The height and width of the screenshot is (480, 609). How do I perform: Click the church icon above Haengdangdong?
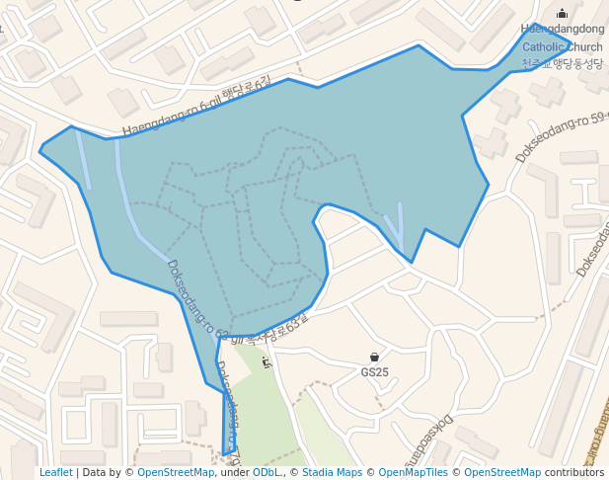[563, 14]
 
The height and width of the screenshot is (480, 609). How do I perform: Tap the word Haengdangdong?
[563, 30]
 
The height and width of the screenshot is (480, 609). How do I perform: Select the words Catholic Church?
[562, 46]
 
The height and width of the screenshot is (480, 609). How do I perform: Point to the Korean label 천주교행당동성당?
[562, 63]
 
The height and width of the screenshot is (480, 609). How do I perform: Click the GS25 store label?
[374, 372]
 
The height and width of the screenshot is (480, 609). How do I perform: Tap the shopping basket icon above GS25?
[374, 357]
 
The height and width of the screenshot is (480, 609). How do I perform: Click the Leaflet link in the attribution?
[56, 472]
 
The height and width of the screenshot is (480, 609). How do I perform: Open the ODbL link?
[266, 472]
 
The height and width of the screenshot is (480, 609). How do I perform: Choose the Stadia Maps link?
[332, 472]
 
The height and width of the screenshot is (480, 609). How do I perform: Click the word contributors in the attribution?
[574, 472]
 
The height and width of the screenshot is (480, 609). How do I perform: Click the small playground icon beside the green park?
[266, 362]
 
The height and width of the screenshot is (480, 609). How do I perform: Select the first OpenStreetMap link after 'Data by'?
[175, 472]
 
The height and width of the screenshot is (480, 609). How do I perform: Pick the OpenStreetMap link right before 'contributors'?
[502, 472]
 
